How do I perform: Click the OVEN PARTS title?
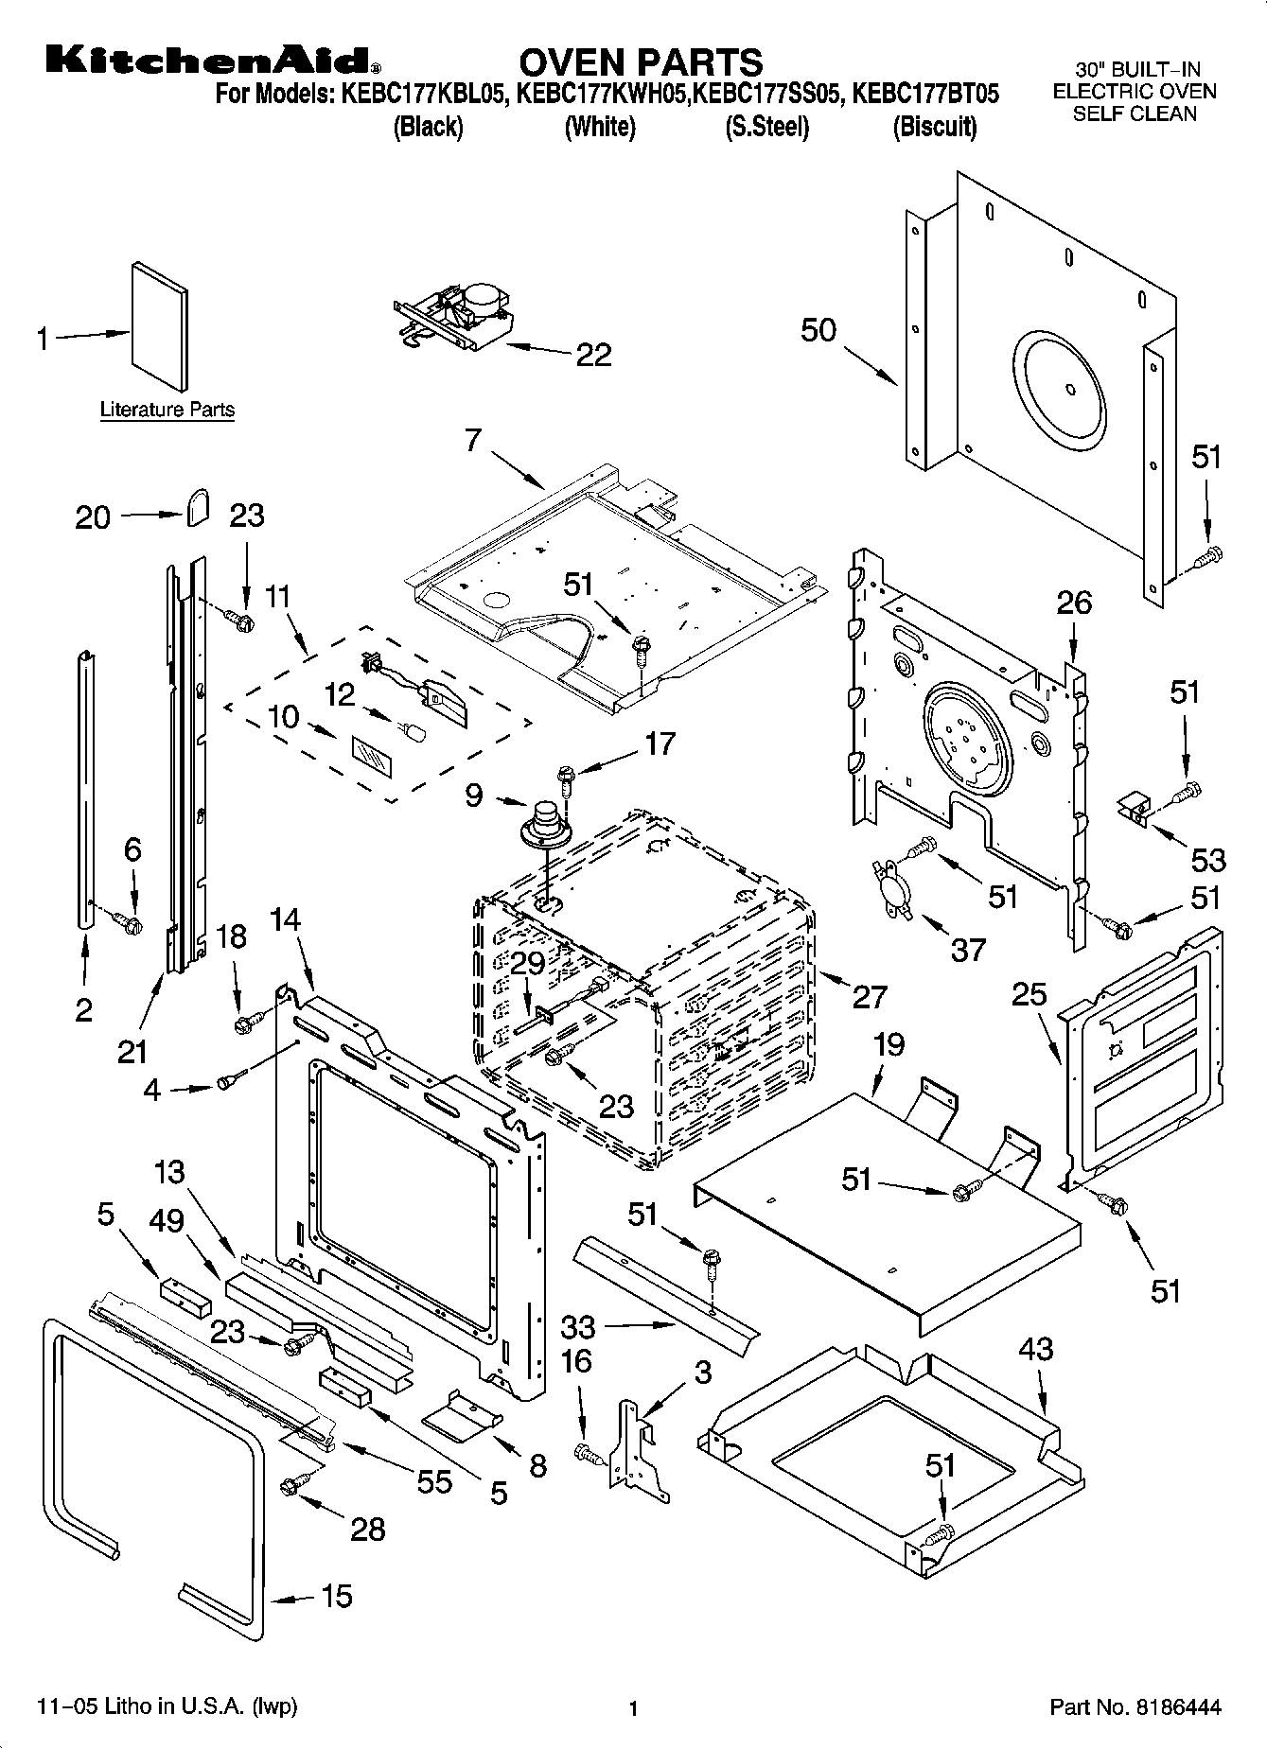click(x=641, y=61)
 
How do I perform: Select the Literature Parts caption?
click(x=167, y=410)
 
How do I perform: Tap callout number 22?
click(x=594, y=355)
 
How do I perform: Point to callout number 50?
click(x=819, y=330)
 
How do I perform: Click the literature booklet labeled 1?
click(x=159, y=326)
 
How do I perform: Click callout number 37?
click(x=968, y=948)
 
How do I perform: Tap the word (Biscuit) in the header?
click(x=935, y=127)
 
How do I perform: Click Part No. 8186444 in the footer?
click(x=1135, y=1707)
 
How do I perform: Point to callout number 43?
click(x=1036, y=1348)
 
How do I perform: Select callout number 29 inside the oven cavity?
click(x=527, y=964)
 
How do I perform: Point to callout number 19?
click(x=888, y=1044)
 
